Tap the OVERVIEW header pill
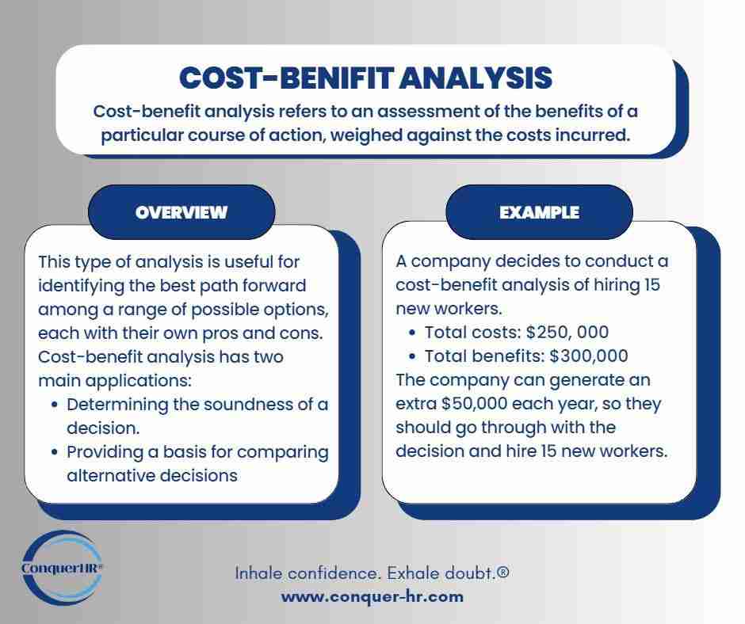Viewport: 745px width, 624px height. coord(181,212)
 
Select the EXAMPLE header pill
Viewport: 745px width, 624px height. coord(539,212)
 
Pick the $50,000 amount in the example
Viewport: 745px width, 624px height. coord(478,404)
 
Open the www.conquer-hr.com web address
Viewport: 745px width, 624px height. coord(372,596)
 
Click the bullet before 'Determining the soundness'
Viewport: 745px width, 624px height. coord(54,405)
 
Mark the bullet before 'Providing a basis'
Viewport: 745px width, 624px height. coord(54,452)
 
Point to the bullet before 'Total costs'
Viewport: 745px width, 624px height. coord(412,333)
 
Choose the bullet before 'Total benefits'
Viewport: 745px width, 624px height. coord(412,357)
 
